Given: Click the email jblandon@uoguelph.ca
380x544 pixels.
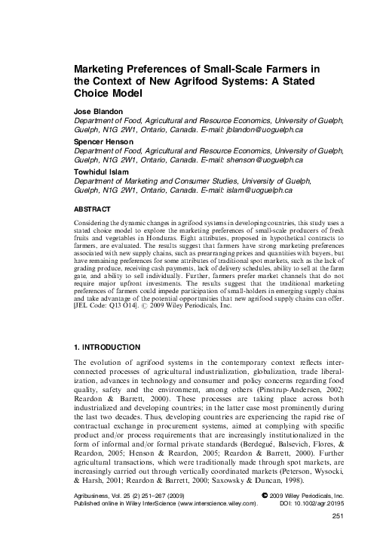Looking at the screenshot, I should [261, 129].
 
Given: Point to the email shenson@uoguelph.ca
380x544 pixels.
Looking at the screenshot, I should [261, 161].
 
